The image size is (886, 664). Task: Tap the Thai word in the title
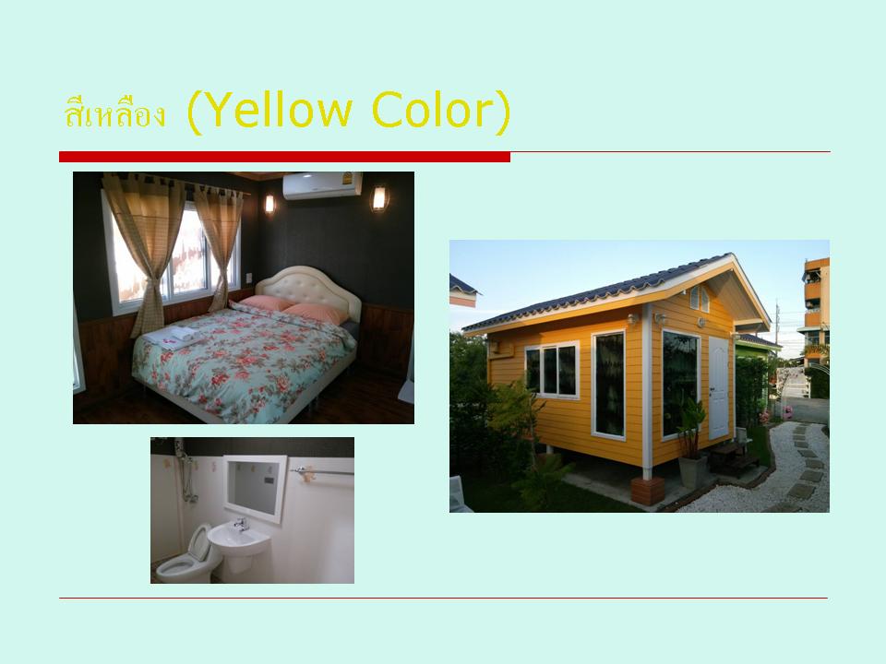[x=114, y=112]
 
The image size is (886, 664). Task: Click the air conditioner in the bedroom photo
[x=323, y=185]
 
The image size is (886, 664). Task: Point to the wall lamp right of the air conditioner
[x=379, y=198]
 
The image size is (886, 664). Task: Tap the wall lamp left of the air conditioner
[x=269, y=204]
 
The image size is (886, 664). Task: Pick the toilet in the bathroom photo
[x=188, y=556]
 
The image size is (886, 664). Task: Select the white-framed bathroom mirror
[x=255, y=488]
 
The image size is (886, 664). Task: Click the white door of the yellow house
[x=718, y=387]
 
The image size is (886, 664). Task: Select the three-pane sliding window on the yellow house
[x=552, y=370]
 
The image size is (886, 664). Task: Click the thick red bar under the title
[x=285, y=157]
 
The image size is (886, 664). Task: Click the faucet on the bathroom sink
[x=242, y=525]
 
